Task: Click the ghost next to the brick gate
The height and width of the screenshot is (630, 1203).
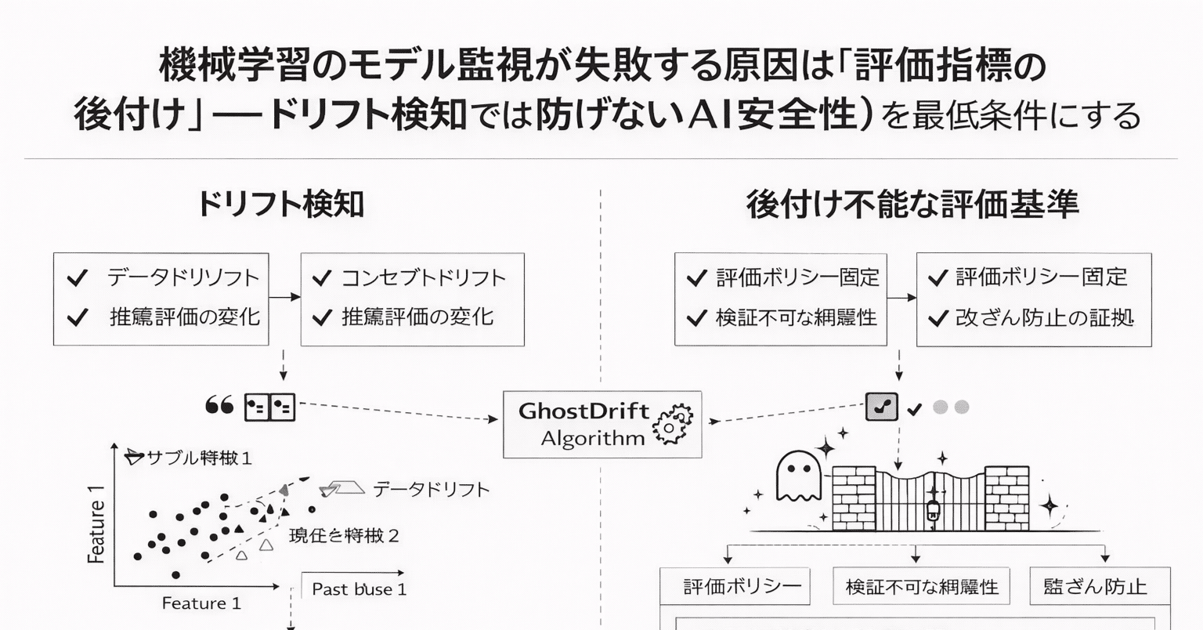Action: [797, 476]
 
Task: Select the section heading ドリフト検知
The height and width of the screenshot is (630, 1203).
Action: [280, 204]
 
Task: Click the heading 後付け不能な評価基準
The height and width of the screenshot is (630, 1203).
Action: [912, 204]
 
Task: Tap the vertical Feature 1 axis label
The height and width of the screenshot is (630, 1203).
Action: [96, 524]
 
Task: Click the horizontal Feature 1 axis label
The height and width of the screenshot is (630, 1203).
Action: [201, 603]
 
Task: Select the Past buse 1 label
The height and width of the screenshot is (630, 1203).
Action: [359, 589]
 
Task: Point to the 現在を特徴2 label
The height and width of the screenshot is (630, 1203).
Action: [345, 536]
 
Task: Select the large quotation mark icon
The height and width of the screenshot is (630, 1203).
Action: [219, 406]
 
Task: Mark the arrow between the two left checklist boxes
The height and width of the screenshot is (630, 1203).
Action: [284, 297]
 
